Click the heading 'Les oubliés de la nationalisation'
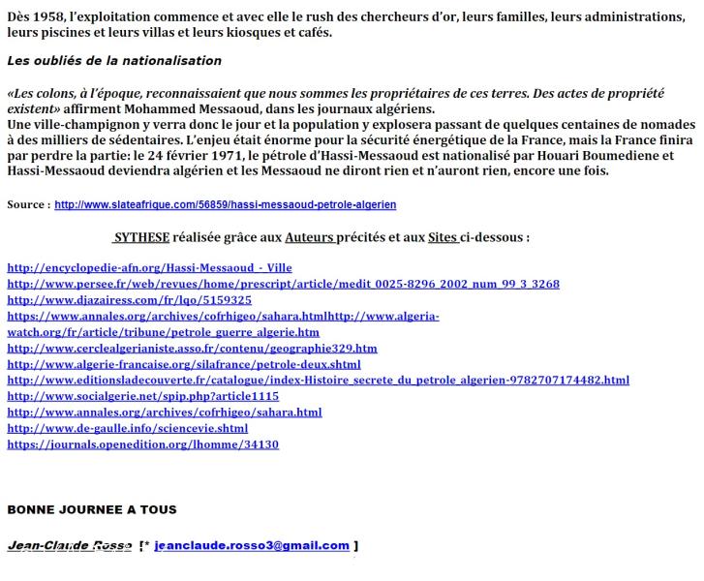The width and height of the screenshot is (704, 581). (114, 61)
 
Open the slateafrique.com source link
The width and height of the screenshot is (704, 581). (225, 205)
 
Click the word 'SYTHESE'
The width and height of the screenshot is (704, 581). (141, 237)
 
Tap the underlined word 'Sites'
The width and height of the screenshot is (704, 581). (444, 237)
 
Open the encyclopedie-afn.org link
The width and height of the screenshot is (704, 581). (149, 267)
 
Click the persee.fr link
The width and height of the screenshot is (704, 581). (283, 284)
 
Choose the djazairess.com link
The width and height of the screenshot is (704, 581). (129, 300)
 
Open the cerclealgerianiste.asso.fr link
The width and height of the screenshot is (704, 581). (192, 349)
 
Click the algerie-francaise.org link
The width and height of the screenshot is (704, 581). (184, 364)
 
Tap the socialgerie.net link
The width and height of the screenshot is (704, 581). (142, 396)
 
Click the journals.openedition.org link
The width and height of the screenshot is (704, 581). (142, 444)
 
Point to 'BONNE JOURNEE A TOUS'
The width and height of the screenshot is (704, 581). (92, 509)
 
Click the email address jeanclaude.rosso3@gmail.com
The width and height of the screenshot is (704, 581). (252, 546)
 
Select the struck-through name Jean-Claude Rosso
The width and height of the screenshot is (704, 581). (69, 546)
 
